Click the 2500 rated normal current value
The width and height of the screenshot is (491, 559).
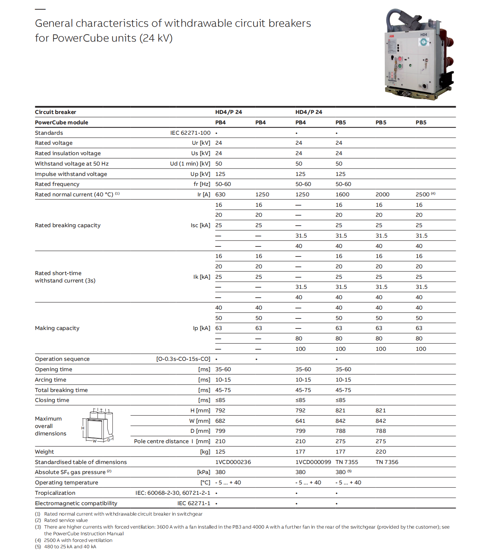click(x=422, y=194)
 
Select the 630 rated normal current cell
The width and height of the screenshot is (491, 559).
click(x=220, y=194)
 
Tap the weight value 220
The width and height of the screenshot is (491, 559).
click(x=380, y=452)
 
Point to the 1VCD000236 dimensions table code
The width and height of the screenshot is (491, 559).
click(x=233, y=462)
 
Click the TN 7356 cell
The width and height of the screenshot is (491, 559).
click(x=387, y=462)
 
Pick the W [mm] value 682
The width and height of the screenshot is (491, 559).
click(x=220, y=421)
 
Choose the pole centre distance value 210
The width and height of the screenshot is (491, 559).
click(x=220, y=441)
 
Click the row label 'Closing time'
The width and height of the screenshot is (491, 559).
click(x=52, y=400)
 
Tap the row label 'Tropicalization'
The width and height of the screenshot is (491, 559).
click(x=55, y=493)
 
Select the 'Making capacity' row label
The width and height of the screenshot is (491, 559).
click(x=57, y=328)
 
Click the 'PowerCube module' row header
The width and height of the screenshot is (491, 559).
click(x=62, y=122)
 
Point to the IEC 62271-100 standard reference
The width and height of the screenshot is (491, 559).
click(x=190, y=133)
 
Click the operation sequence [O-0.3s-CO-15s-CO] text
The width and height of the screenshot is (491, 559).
click(x=183, y=359)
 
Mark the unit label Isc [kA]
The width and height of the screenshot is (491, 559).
click(x=200, y=225)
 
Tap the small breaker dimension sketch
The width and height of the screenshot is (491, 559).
click(x=97, y=425)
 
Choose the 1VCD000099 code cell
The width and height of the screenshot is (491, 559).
click(x=313, y=462)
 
